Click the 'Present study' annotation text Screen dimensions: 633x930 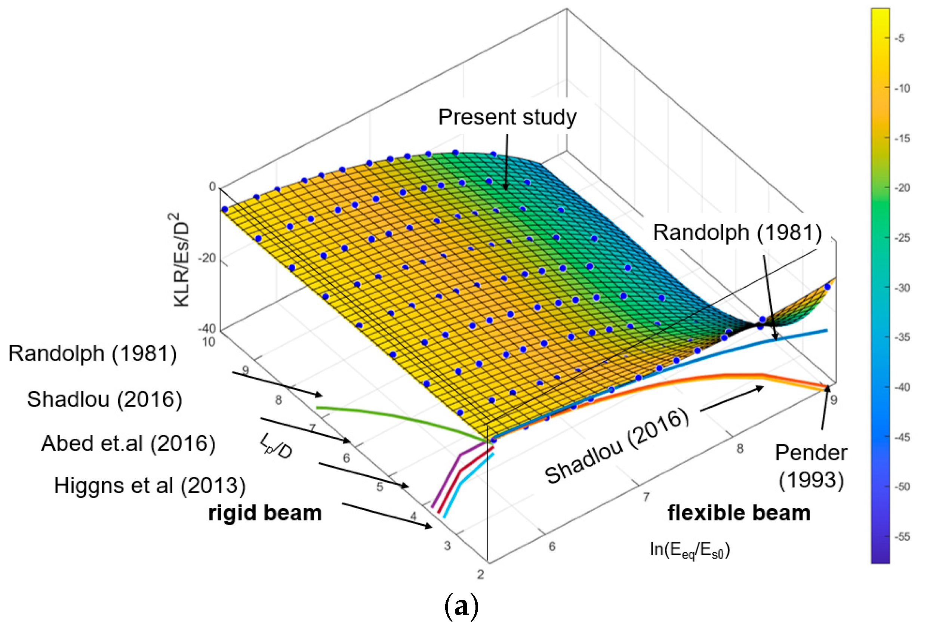pos(507,117)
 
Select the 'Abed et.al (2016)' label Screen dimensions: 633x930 pos(128,443)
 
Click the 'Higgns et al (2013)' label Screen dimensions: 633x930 pos(150,485)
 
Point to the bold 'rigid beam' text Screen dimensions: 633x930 pos(265,513)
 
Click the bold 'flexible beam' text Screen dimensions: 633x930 pos(739,513)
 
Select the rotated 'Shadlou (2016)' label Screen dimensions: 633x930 pos(617,446)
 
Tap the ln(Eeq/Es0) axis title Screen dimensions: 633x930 pos(690,550)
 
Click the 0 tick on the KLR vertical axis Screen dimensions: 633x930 pos(212,186)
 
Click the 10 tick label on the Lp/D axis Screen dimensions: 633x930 pos(209,342)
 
